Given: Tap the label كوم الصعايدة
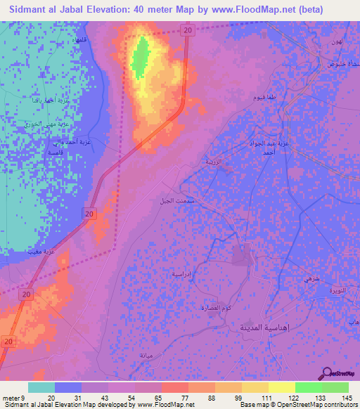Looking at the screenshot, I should (x=217, y=308).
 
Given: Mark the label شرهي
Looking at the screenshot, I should (x=311, y=280).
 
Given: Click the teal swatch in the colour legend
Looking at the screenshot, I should (x=41, y=387).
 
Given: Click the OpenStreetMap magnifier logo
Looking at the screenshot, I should (x=327, y=373).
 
